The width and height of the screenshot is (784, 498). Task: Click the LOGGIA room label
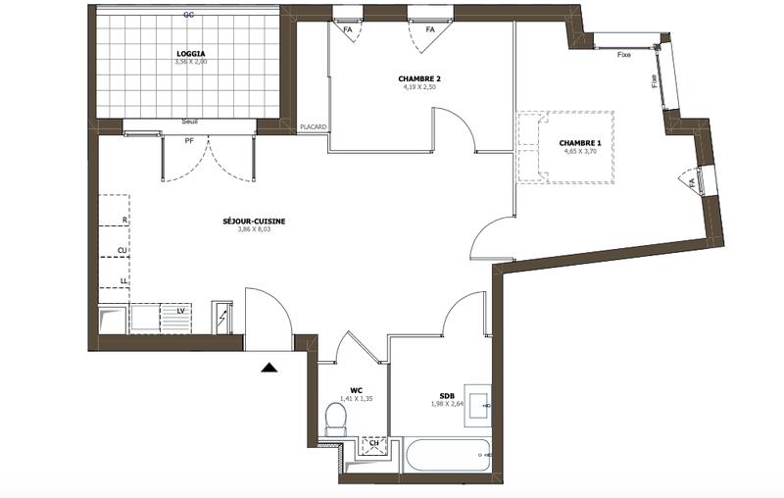[x=190, y=53]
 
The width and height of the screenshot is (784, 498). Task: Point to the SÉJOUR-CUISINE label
[x=254, y=222]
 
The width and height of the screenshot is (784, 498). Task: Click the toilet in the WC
[x=336, y=420]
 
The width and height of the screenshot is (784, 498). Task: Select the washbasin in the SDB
[x=477, y=403]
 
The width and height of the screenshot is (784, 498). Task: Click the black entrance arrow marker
[x=269, y=368]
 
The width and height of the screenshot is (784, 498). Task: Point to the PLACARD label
[x=313, y=126]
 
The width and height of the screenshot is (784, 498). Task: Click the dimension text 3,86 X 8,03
[x=254, y=231]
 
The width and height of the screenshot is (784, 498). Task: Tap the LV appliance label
[x=180, y=312]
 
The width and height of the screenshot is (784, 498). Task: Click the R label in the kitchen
[x=123, y=221]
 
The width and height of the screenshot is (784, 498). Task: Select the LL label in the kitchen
[x=123, y=280]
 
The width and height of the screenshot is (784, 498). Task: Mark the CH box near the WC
[x=373, y=445]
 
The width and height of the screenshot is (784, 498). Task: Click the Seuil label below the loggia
[x=190, y=123]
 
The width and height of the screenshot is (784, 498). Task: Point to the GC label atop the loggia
[x=188, y=15]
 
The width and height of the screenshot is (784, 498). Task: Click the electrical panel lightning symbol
[x=222, y=318]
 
